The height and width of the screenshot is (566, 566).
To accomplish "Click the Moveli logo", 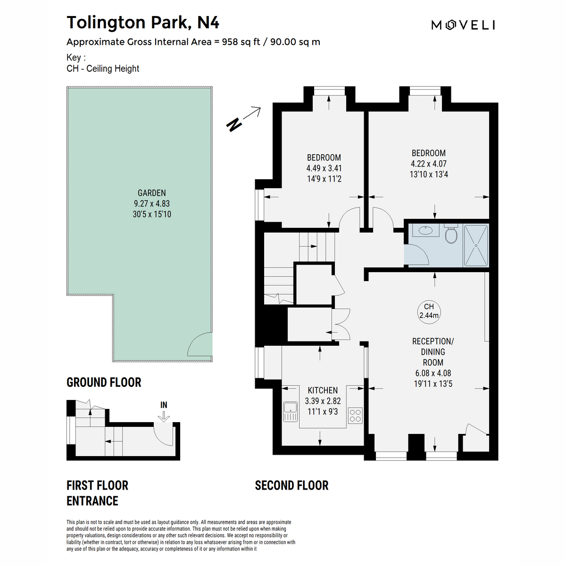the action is tap(463, 25).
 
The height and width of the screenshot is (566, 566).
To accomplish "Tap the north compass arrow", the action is tap(243, 119).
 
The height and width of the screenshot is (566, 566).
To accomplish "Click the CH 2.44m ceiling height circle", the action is tap(429, 312).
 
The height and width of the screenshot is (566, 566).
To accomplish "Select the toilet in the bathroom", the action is tap(451, 233).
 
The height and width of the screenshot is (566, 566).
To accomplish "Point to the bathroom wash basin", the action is tap(425, 230).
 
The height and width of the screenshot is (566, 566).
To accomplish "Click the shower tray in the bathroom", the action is tap(475, 245).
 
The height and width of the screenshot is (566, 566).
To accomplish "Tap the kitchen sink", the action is tap(291, 412).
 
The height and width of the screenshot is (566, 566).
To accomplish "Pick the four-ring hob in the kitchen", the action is tap(355, 416).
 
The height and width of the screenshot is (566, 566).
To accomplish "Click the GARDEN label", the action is tap(151, 193).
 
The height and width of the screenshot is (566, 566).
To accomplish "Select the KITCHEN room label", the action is tap(323, 391).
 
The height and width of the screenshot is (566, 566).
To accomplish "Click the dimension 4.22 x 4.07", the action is tap(429, 164).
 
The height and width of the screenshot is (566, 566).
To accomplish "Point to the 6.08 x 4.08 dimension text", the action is tap(433, 373).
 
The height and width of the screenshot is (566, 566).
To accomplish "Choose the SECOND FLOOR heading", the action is tap(291, 485).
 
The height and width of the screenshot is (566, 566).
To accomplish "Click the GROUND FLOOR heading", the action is tap(104, 383).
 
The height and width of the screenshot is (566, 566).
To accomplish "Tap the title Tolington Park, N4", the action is tap(143, 23).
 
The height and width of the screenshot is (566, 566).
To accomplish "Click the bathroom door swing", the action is tap(416, 255).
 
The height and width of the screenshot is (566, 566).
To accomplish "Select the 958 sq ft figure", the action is tap(241, 42).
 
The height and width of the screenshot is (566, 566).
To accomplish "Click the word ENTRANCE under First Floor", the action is tap(92, 501).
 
